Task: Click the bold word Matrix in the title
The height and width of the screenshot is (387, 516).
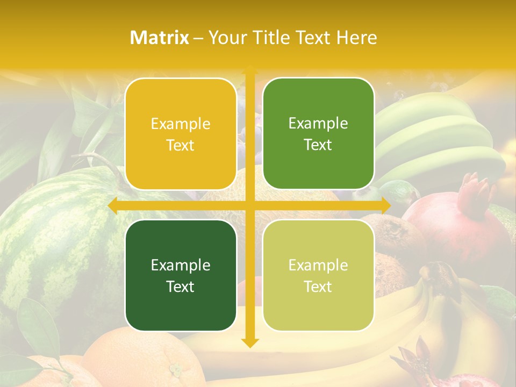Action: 160,38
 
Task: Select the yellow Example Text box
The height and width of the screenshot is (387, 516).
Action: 181,134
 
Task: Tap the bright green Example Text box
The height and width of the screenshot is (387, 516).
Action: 318,134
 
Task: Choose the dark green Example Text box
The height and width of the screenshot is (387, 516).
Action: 181,275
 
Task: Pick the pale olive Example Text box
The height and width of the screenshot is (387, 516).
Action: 318,275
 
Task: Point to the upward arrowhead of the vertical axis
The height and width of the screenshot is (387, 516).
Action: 249,70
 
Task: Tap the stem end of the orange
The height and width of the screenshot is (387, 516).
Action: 175,370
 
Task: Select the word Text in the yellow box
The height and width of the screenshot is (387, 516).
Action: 181,146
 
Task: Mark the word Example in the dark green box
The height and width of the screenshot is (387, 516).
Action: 181,265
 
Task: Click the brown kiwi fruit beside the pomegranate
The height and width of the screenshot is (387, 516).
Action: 398,236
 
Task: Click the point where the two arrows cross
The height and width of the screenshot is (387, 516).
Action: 249,205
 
